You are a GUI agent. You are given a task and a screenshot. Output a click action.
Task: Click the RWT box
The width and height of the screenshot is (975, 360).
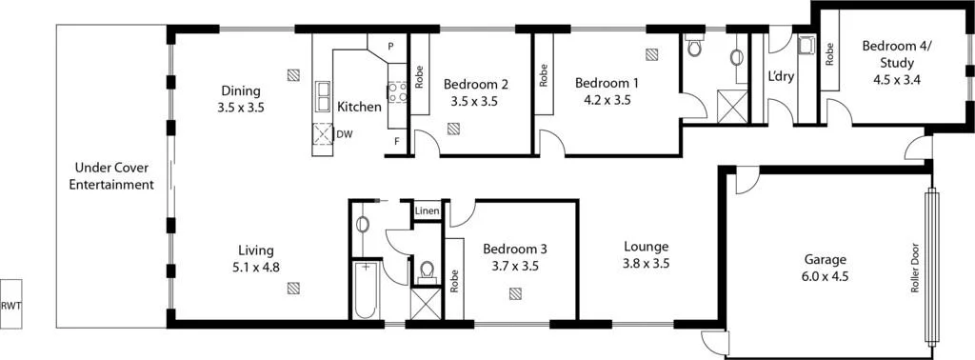coord(11,305)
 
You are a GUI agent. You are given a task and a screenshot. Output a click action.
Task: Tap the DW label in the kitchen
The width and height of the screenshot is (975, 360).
coord(345,134)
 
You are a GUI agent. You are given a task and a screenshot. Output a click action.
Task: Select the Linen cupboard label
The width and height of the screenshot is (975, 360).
coord(426,210)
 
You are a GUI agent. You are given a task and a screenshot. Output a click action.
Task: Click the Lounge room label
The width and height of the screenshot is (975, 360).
coord(646,246)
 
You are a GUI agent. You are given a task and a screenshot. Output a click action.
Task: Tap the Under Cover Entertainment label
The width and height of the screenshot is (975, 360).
coord(111,176)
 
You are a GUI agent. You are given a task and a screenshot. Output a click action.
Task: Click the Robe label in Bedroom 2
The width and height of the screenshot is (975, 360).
coord(419,74)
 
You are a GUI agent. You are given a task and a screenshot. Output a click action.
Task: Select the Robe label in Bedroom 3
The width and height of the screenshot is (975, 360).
coord(454,279)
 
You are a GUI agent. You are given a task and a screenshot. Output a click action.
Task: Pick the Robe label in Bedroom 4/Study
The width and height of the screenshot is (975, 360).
coord(830,53)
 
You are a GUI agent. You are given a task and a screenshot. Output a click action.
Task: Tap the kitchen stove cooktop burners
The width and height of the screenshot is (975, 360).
coord(397,90)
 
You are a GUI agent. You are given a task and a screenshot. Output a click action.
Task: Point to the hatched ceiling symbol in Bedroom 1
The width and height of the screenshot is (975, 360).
coord(651,55)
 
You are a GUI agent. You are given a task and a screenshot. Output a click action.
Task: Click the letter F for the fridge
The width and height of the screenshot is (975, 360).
coord(396,142)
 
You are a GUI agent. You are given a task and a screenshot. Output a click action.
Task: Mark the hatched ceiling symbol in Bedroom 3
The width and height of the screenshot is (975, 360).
coord(515,293)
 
